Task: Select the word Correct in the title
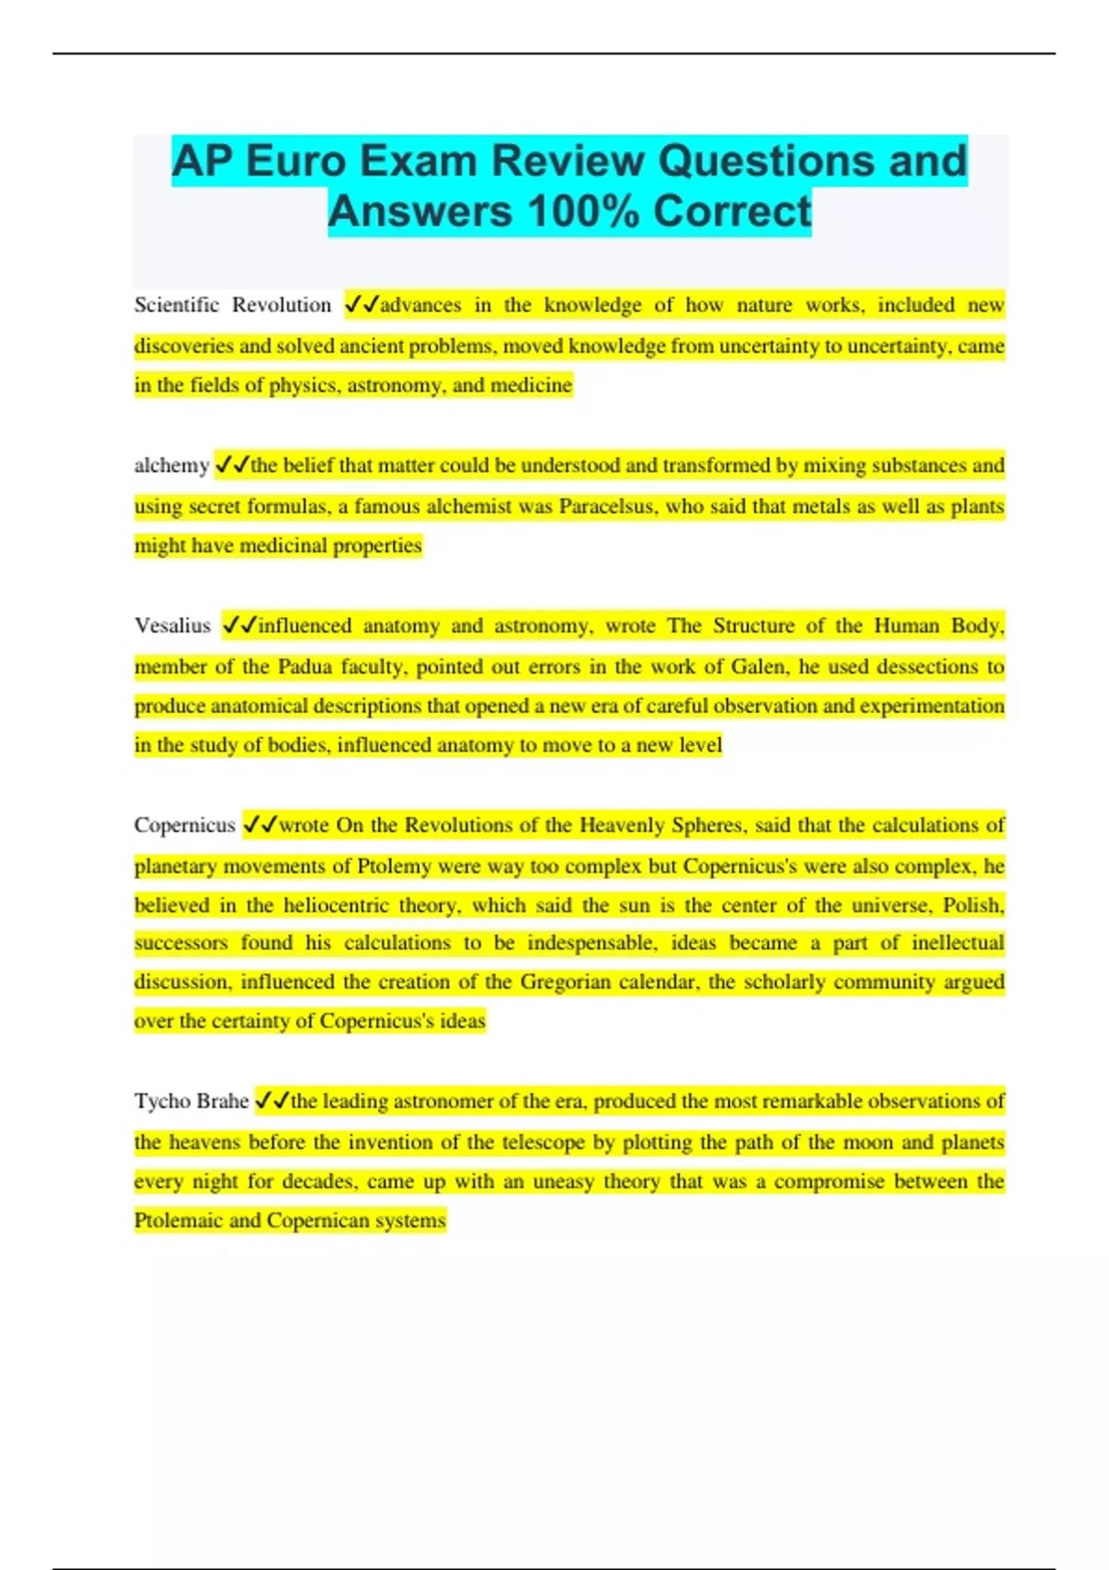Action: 733,211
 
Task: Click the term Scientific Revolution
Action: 232,305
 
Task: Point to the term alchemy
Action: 171,465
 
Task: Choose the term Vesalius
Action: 172,625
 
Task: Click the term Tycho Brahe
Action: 191,1101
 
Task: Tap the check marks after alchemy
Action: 232,465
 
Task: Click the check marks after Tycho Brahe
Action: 272,1101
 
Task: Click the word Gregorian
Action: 565,982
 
